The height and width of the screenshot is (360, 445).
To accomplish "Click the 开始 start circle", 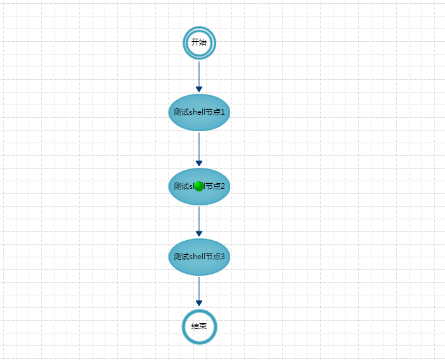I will pyautogui.click(x=199, y=43).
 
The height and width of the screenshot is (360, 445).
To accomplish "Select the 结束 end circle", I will pyautogui.click(x=199, y=326).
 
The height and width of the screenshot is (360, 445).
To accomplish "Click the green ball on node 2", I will pyautogui.click(x=198, y=186).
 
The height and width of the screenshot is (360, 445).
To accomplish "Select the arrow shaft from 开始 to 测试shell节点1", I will pyautogui.click(x=199, y=73).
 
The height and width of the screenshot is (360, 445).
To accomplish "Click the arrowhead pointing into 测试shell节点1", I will pyautogui.click(x=199, y=89).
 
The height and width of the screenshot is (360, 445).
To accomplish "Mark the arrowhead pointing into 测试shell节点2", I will pyautogui.click(x=199, y=164).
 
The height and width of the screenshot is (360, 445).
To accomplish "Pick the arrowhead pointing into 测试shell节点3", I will pyautogui.click(x=199, y=234).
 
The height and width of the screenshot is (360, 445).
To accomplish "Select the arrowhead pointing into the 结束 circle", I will pyautogui.click(x=199, y=304).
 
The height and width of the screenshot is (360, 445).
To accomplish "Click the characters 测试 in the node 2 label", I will pyautogui.click(x=181, y=186).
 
